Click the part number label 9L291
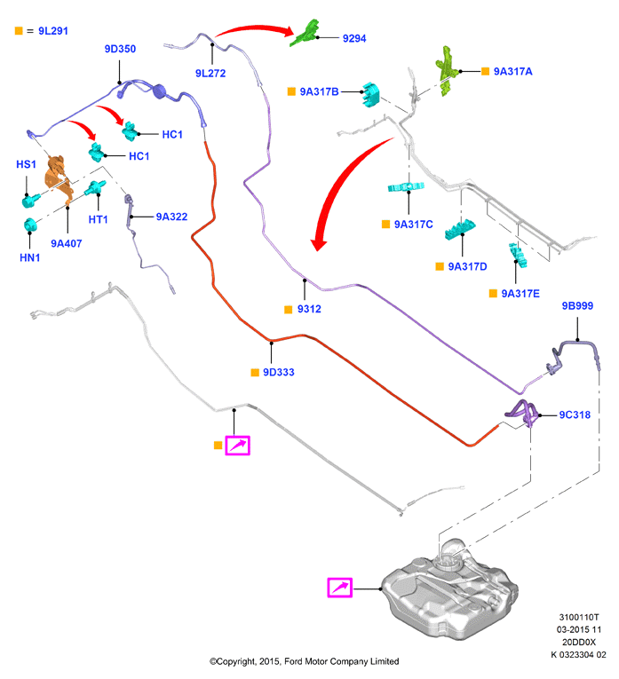[53, 31]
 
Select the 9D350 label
[120, 49]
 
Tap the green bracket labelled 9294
[306, 33]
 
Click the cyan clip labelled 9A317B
[370, 94]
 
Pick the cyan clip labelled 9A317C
[406, 187]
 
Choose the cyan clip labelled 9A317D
[460, 230]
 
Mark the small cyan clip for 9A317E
[518, 255]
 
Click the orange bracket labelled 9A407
[59, 178]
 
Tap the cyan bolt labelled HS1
[31, 200]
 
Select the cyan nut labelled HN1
[30, 225]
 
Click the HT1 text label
[98, 219]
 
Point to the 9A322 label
[171, 217]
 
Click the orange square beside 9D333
[255, 373]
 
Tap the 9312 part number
[309, 309]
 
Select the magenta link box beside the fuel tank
[339, 588]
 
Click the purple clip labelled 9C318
[523, 413]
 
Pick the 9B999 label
[577, 305]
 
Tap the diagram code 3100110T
[579, 617]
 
